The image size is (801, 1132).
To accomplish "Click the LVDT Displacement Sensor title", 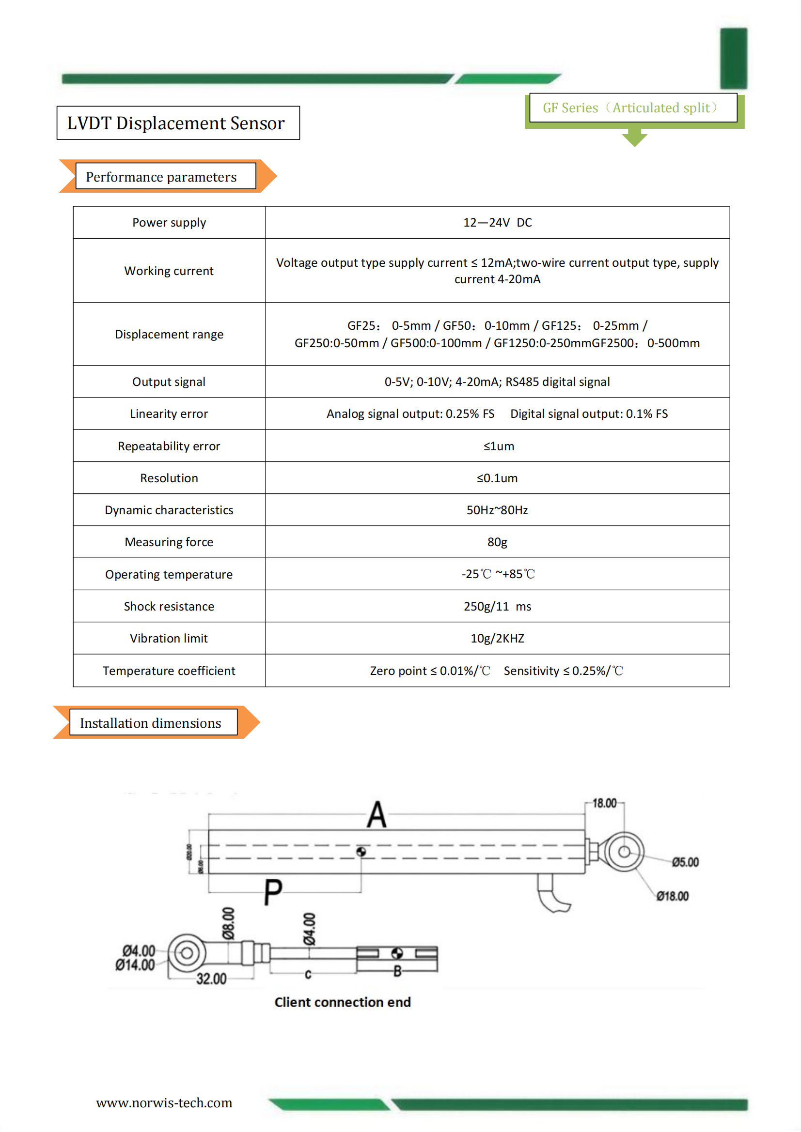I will [x=176, y=123].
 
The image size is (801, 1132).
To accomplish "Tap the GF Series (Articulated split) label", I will [x=630, y=108].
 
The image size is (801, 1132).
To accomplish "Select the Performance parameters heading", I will [x=161, y=177].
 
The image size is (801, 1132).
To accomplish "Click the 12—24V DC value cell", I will [x=497, y=223].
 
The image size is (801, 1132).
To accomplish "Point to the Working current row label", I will [x=169, y=271].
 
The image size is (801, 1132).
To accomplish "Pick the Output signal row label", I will [x=169, y=382].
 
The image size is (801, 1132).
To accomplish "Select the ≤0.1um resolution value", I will [x=497, y=478].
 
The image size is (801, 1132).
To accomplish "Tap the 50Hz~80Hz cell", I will [x=497, y=510].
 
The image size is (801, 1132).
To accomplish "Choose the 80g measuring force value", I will [x=497, y=542].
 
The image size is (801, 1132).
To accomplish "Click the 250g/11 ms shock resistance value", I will [x=497, y=606].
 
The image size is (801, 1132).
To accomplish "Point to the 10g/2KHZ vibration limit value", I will [x=497, y=639].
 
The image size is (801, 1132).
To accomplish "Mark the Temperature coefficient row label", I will [x=169, y=671].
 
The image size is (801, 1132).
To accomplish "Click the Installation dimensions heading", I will [x=151, y=723].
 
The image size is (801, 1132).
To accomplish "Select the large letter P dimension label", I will [x=273, y=891].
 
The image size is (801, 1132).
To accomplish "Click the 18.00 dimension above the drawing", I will [x=604, y=804].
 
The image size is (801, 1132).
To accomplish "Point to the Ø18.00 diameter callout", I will [x=672, y=896].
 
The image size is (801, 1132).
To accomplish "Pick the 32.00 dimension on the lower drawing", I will [x=211, y=979].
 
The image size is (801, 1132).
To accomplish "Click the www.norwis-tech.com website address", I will [x=164, y=1103].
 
